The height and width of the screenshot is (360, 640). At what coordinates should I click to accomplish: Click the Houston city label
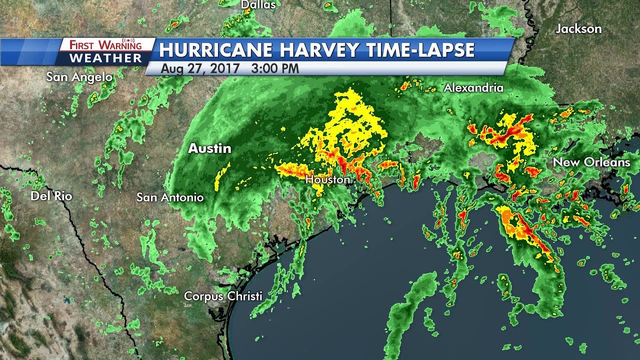click(x=327, y=179)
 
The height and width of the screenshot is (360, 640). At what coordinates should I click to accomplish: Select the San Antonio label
click(x=170, y=197)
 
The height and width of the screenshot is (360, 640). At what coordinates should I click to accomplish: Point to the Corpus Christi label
click(x=223, y=296)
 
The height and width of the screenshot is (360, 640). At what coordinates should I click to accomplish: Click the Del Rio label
click(x=51, y=196)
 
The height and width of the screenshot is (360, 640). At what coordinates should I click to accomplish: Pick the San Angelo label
click(x=79, y=77)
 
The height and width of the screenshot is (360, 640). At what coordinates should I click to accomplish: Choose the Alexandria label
click(x=473, y=88)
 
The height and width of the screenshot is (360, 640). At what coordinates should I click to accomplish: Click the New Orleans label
click(x=591, y=162)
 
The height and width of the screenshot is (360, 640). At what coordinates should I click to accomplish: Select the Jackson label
click(x=578, y=29)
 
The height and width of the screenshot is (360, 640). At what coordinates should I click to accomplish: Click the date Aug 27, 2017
click(x=199, y=68)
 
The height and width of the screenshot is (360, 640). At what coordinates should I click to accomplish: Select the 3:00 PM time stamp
click(x=275, y=68)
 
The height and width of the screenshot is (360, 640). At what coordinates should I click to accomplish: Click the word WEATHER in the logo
click(x=105, y=58)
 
